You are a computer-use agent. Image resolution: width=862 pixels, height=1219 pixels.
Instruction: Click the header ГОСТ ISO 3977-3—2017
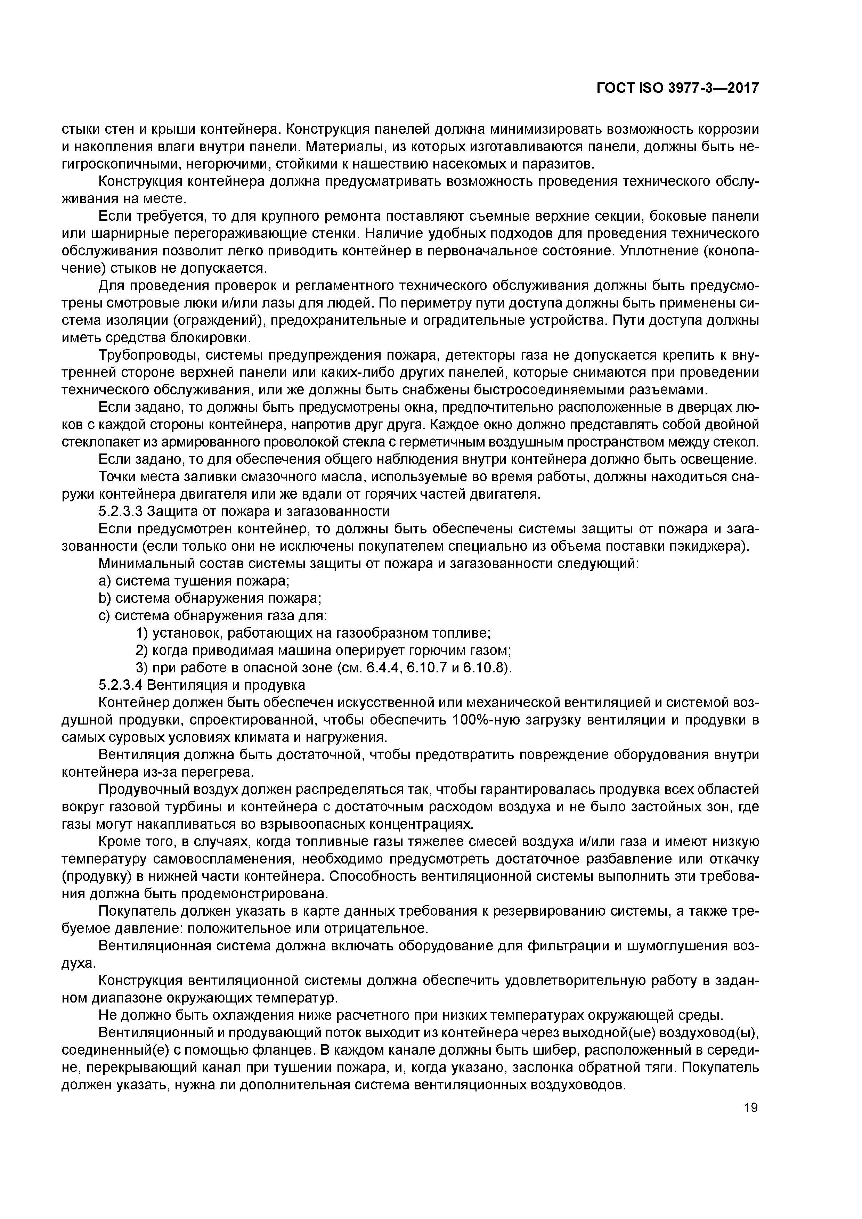click(677, 88)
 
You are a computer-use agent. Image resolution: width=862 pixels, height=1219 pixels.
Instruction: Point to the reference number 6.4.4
click(382, 668)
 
